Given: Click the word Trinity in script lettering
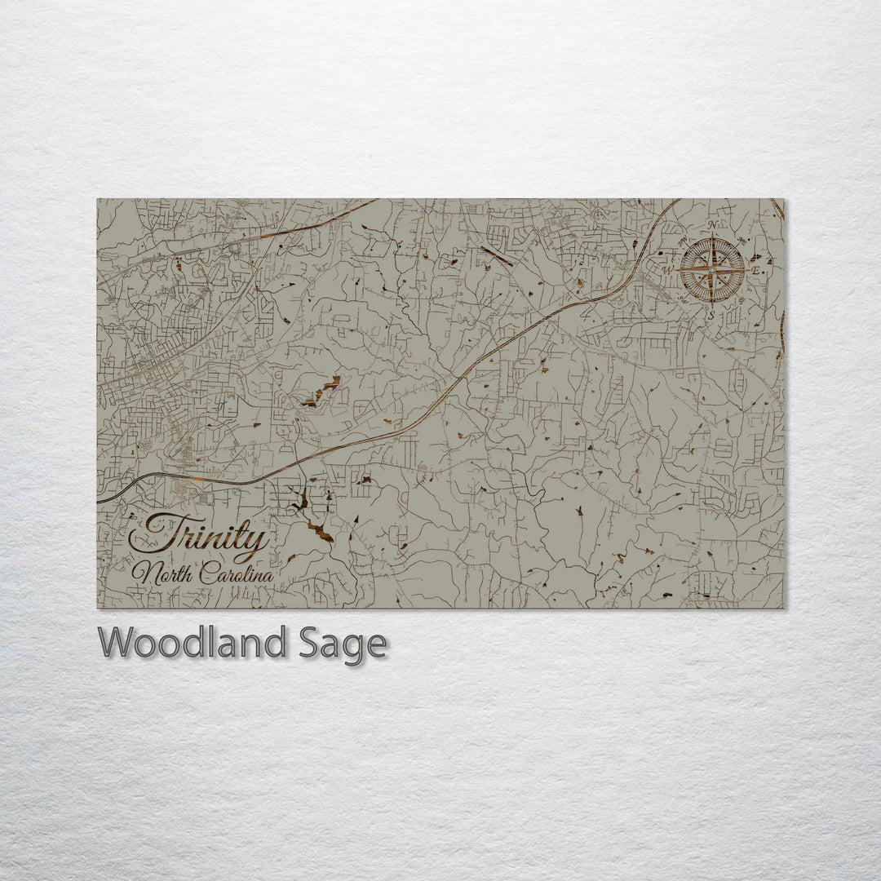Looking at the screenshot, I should click(x=199, y=538).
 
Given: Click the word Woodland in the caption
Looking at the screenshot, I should click(x=192, y=644).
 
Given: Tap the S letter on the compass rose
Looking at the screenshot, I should click(x=711, y=314).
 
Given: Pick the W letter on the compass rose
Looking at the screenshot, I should click(x=667, y=270).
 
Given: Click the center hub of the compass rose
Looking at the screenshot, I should click(x=712, y=269).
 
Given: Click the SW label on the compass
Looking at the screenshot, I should click(x=683, y=299).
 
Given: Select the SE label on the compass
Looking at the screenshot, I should click(x=742, y=299).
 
